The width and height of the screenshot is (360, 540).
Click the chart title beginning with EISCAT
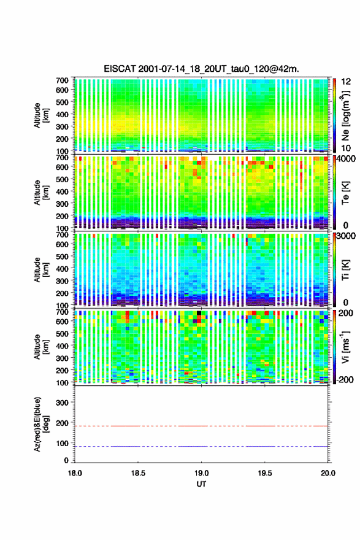point(201,69)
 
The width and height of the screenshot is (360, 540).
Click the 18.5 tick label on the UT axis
point(138,473)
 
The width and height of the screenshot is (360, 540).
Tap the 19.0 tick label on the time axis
point(201,473)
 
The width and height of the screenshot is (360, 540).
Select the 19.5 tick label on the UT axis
point(265,473)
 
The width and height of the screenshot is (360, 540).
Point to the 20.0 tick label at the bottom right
point(328,473)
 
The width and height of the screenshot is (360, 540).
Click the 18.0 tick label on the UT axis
point(75,473)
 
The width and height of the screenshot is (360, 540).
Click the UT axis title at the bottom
point(201,484)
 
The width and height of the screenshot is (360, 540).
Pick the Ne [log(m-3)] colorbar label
point(345,115)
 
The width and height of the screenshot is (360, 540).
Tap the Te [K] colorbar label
point(345,193)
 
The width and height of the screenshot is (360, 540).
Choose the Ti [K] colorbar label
point(345,269)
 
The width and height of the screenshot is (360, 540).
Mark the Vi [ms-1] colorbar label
point(345,347)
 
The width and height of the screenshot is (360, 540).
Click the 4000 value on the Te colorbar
point(346,160)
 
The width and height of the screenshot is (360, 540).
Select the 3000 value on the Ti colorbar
point(346,236)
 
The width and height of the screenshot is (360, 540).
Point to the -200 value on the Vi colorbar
point(345,379)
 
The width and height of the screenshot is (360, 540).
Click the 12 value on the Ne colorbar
point(346,82)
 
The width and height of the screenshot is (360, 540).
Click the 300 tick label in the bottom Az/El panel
point(63,403)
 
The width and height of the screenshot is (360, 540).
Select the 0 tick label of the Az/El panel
point(66,460)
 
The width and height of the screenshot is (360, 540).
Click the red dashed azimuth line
point(201,426)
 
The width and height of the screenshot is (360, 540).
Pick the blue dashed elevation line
point(201,446)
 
